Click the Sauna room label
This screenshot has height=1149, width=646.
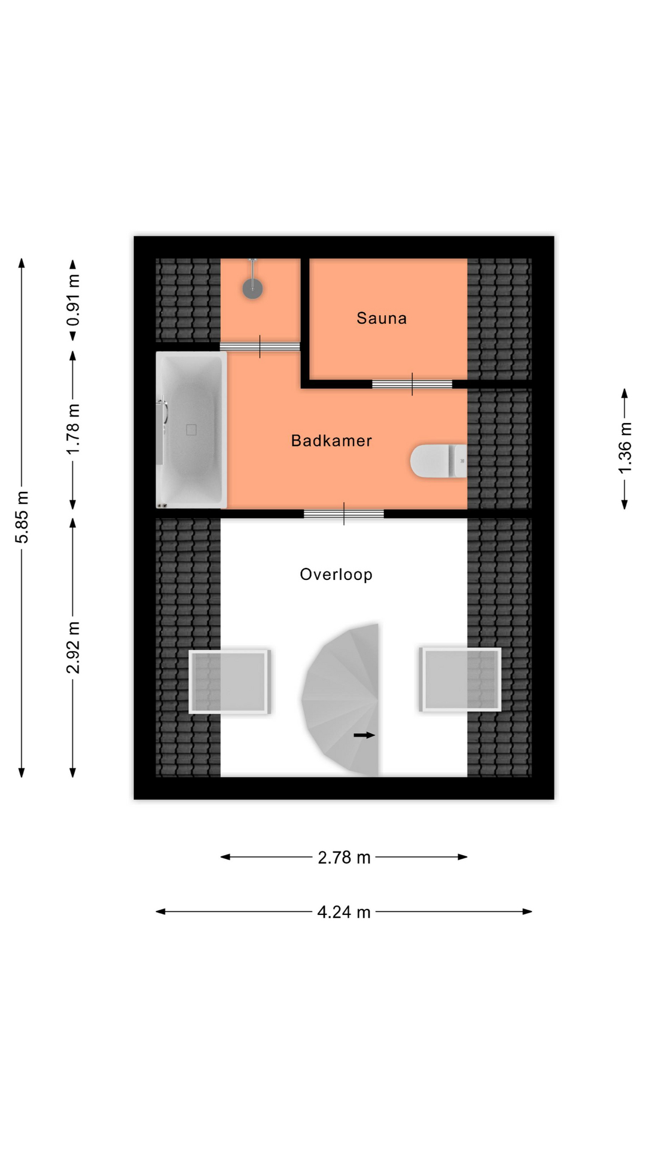tap(382, 318)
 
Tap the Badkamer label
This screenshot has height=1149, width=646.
tap(331, 441)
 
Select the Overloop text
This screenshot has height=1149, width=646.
tap(336, 574)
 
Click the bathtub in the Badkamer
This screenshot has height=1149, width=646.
tap(191, 430)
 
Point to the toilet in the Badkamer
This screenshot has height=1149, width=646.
tap(438, 461)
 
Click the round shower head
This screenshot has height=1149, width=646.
tap(252, 288)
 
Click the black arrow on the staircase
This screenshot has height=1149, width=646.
tap(364, 735)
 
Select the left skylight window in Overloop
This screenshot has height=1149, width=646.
tap(230, 681)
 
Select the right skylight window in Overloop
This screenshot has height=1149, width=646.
tap(460, 679)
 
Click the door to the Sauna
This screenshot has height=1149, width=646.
tap(412, 384)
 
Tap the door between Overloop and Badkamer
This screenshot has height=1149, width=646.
tap(344, 513)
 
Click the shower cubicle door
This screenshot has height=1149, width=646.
tap(260, 346)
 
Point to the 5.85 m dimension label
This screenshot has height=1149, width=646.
tap(22, 517)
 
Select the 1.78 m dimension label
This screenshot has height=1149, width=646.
tap(73, 429)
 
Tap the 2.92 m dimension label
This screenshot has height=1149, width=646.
tap(73, 648)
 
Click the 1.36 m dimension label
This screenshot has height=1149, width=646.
tap(624, 448)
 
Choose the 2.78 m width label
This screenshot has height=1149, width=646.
tap(344, 858)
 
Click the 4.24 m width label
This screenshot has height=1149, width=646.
tap(344, 912)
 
